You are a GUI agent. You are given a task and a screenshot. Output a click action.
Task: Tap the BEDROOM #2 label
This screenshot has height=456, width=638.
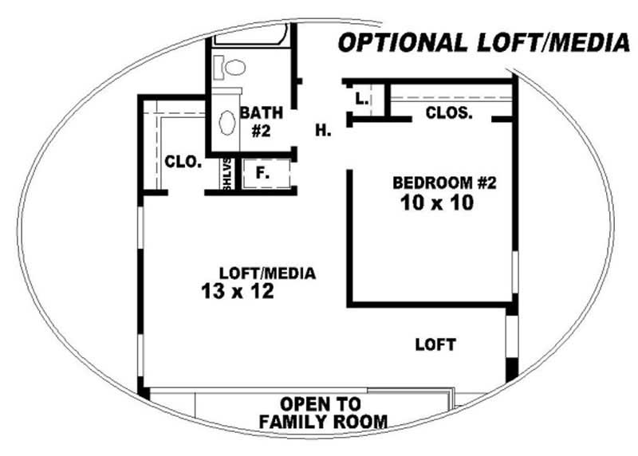(x=445, y=183)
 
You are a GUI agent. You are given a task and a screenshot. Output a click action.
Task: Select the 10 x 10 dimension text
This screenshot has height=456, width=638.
(x=438, y=203)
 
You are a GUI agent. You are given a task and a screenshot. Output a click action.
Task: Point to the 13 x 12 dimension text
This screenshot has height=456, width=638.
(x=238, y=292)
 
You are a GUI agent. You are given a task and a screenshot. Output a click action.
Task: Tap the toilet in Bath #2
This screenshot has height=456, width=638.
(x=230, y=67)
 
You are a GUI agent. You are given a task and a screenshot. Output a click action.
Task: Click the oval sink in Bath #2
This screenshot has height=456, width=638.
(x=227, y=123)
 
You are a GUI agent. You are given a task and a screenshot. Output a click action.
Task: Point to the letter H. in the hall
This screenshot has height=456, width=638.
(x=323, y=131)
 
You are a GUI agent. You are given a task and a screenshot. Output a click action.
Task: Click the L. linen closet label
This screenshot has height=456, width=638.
(x=361, y=100)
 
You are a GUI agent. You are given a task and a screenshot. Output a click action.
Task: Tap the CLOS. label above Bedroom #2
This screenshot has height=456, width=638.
(x=449, y=113)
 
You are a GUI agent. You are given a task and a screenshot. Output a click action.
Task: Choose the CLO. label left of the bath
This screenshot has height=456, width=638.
(x=182, y=161)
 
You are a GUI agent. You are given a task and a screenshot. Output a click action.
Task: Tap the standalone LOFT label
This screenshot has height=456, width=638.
(x=435, y=345)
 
